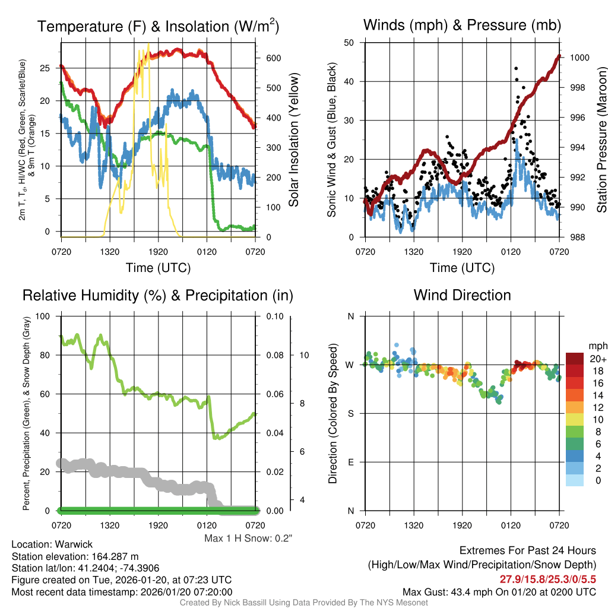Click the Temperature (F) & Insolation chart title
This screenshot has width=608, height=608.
(158, 27)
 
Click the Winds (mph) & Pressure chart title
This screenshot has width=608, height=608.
(462, 25)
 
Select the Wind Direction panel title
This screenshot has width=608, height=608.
(462, 295)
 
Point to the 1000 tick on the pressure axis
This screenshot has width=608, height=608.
(578, 58)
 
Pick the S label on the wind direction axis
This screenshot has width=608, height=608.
(350, 413)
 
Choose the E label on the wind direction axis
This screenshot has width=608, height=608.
(350, 462)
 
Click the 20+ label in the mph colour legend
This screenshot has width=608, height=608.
(597, 359)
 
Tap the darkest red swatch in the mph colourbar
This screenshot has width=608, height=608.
(575, 359)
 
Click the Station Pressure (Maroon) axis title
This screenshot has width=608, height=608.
(601, 140)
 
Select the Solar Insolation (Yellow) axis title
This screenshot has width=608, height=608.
(294, 140)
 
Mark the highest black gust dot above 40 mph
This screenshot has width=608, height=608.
(516, 69)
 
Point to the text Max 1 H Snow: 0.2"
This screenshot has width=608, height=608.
(249, 539)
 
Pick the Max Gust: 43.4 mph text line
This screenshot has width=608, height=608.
(499, 591)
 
